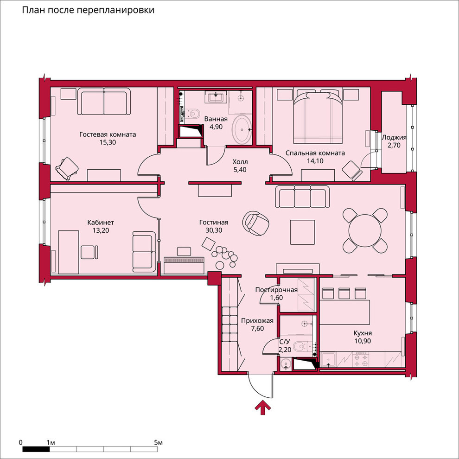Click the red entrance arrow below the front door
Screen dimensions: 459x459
(x=263, y=408)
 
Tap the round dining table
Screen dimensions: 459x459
(x=365, y=229)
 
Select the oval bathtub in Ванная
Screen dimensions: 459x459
(x=240, y=129)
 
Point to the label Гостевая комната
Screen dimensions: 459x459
(x=107, y=135)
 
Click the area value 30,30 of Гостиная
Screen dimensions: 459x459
(x=213, y=230)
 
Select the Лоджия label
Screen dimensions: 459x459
(x=394, y=138)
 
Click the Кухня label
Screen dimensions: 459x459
(x=362, y=333)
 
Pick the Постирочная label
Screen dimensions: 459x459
(x=276, y=290)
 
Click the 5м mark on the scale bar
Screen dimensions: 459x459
(x=158, y=443)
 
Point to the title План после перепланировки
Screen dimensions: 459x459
(x=88, y=10)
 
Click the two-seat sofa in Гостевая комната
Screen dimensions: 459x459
(x=103, y=103)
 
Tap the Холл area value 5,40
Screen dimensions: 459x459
(x=240, y=170)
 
